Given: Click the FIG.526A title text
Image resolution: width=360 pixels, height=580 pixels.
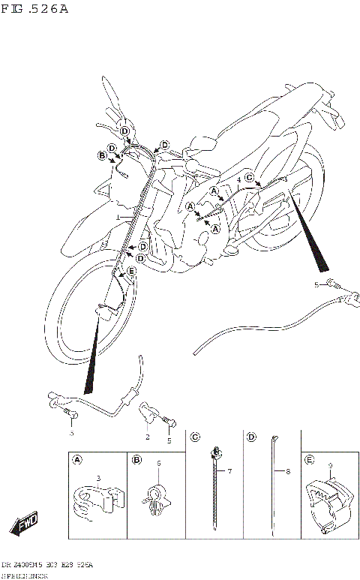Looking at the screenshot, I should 34,10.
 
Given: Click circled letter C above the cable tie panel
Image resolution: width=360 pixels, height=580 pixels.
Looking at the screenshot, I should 195,437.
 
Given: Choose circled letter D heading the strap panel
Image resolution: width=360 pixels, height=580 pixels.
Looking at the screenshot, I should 252,437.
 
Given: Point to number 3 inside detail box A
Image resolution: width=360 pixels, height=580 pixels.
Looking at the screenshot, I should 98,478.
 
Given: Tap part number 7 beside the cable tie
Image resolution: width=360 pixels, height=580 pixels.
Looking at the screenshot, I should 230,471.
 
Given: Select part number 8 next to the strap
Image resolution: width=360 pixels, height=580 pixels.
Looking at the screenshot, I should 287,471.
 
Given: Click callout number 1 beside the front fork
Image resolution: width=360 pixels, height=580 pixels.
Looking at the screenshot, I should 118,218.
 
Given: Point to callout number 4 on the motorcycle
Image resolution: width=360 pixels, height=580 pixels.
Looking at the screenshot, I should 238,181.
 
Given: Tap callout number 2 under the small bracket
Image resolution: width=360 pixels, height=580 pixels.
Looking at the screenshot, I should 148,437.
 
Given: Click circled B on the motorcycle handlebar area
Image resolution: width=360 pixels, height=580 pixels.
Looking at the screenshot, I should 102,155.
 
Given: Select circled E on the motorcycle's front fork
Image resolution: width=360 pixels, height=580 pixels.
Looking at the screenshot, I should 131,271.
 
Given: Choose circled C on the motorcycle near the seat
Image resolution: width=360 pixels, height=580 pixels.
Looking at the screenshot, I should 250,177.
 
